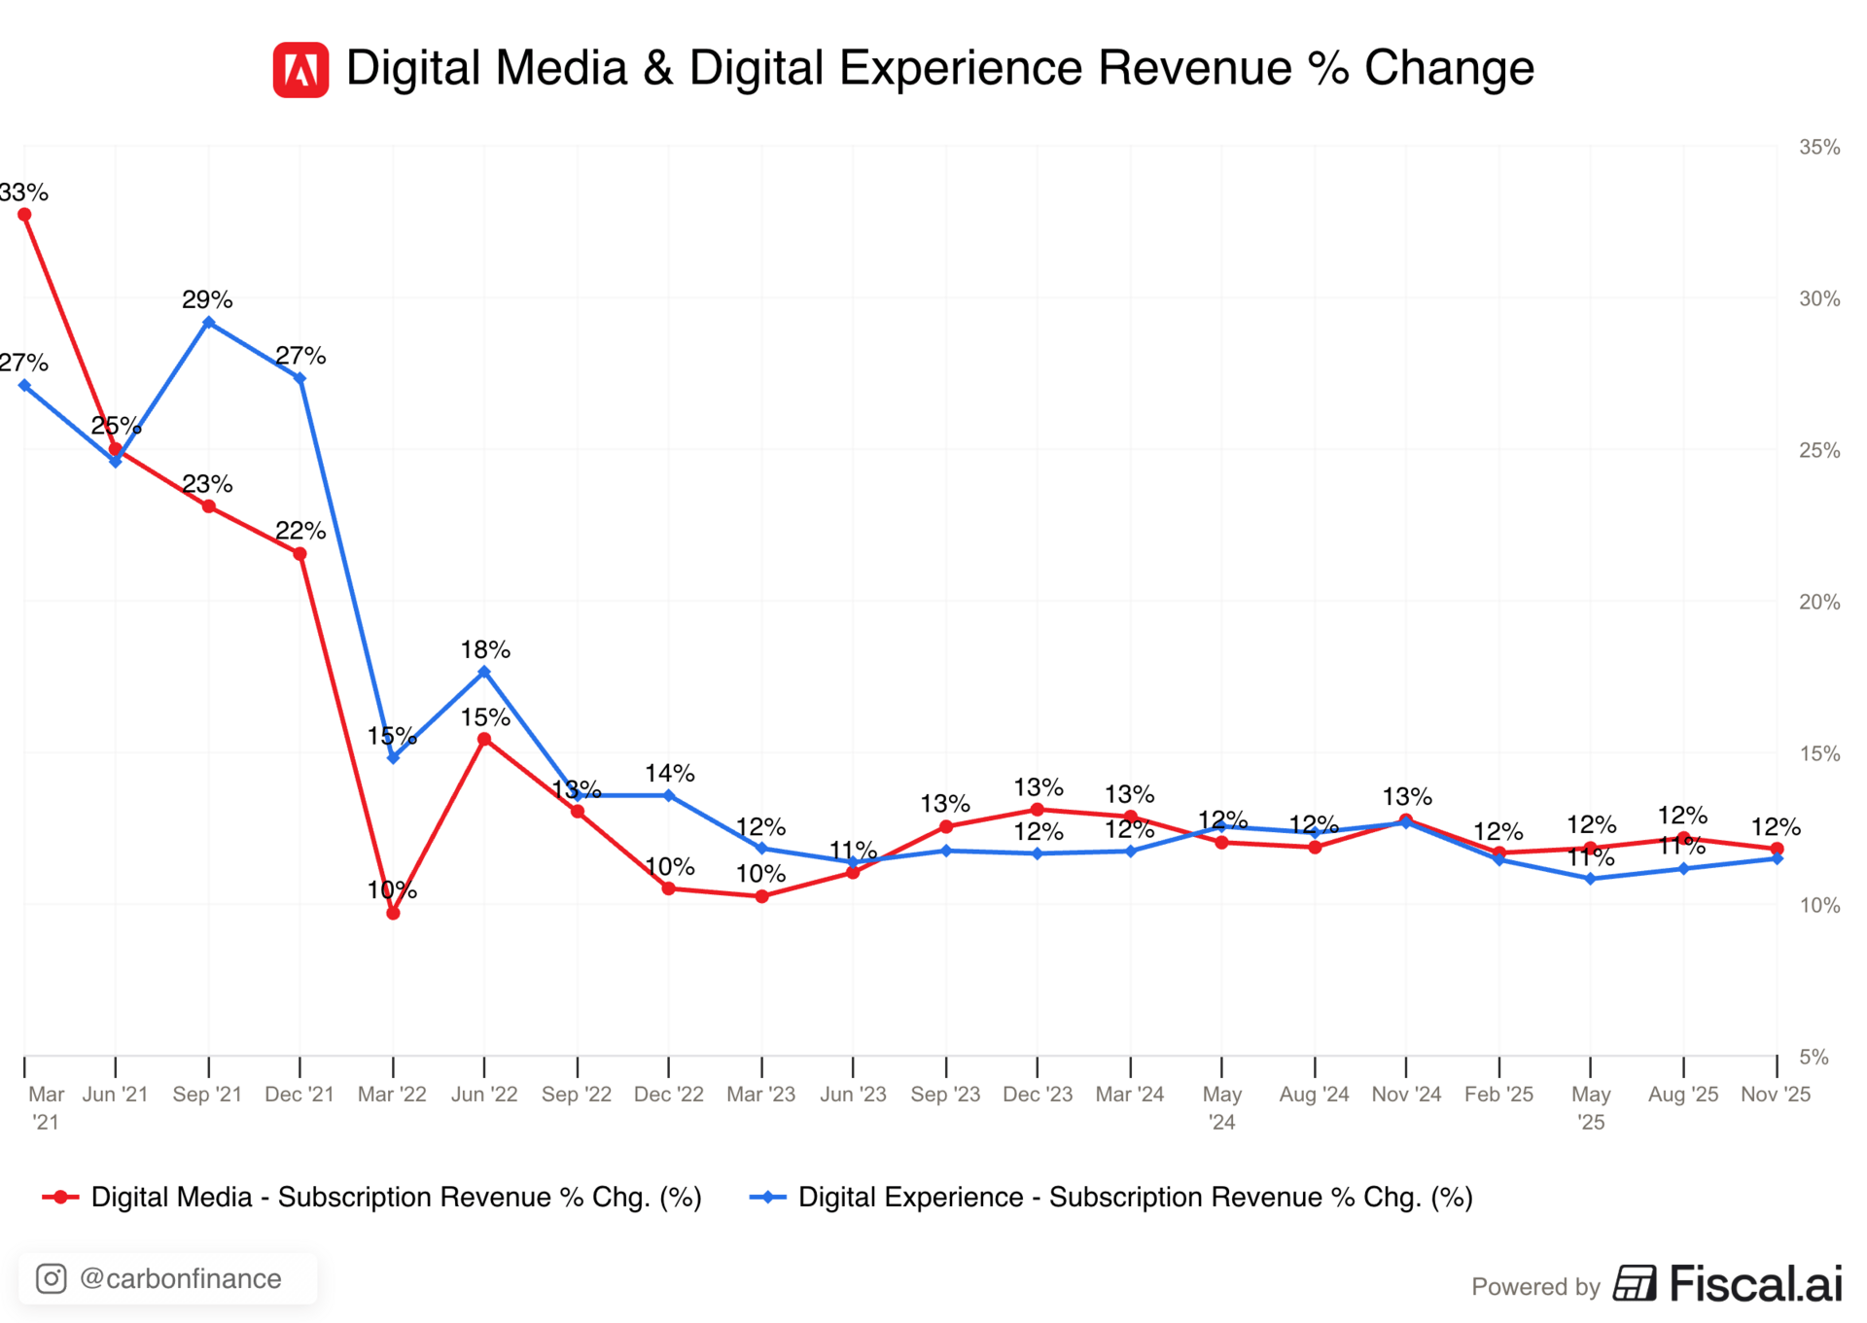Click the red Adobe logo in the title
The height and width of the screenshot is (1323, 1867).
(300, 70)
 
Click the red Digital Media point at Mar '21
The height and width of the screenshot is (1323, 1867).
(24, 215)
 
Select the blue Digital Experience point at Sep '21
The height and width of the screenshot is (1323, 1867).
(208, 323)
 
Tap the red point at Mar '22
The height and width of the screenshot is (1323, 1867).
(393, 913)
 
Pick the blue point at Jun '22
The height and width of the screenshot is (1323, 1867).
(484, 672)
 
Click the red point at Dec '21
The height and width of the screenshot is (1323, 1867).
(299, 554)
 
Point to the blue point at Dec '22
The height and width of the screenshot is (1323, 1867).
(669, 795)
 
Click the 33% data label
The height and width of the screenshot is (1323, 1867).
(23, 192)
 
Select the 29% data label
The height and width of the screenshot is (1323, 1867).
(207, 299)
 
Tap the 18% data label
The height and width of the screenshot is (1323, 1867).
(485, 649)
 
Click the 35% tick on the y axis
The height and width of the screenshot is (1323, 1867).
(1819, 147)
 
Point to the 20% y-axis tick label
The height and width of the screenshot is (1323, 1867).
(1819, 602)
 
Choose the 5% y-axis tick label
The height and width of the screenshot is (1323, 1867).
(1814, 1057)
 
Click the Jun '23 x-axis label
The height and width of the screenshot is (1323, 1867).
(853, 1094)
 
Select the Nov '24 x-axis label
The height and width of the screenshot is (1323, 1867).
(1406, 1094)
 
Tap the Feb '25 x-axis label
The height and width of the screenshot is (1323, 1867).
(1498, 1094)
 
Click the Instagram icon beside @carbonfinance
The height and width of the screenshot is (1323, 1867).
(52, 1278)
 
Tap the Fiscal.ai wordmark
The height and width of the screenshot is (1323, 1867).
(1755, 1283)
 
